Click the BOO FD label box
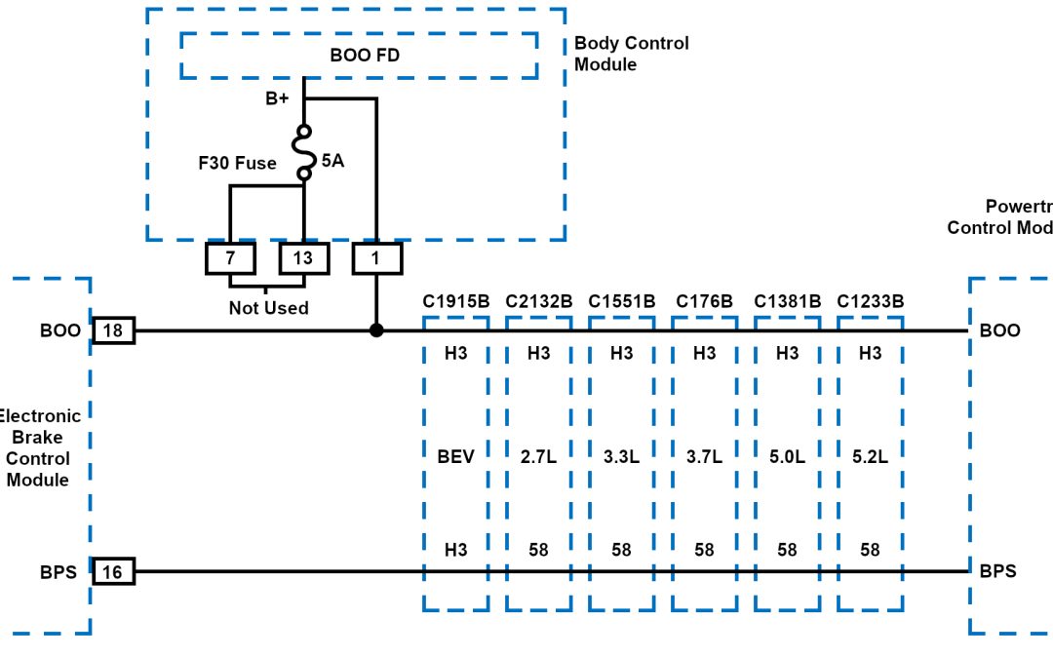359,56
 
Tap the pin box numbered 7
230,257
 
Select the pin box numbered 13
303,257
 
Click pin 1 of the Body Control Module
376,257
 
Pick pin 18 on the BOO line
113,330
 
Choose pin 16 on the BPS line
113,571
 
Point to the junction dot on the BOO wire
376,330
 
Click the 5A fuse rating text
332,160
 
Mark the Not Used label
268,308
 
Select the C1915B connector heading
455,301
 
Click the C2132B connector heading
538,301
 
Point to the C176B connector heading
704,301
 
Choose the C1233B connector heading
870,301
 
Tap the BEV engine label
455,455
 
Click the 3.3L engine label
621,455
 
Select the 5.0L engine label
787,455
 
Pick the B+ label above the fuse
278,98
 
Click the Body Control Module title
631,54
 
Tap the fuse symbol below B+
304,152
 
